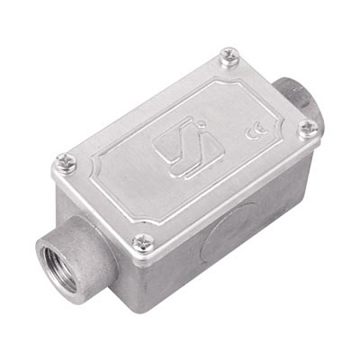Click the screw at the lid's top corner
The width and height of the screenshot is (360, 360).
tap(230, 57)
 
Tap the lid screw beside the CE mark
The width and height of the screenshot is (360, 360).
tap(309, 129)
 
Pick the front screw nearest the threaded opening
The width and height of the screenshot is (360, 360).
tap(143, 242)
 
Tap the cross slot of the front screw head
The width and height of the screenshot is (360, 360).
tap(143, 242)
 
